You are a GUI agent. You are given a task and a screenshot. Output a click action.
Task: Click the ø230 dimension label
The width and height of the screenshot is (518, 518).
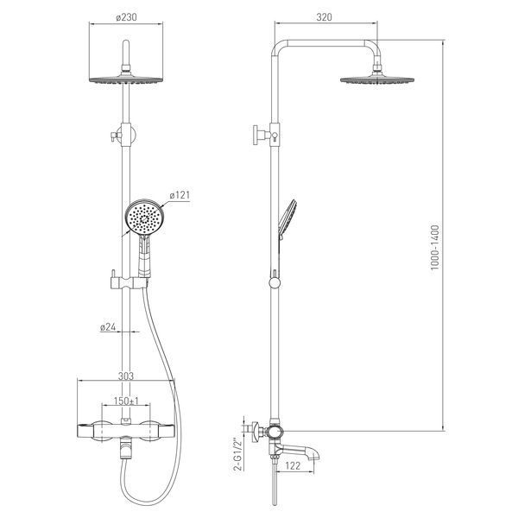(126, 17)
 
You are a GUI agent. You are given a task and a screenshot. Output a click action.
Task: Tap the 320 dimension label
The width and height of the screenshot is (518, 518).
(324, 17)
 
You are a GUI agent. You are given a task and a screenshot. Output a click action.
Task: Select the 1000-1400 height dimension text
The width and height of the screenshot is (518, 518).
(435, 248)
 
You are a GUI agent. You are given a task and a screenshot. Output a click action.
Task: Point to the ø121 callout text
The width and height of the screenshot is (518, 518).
(180, 195)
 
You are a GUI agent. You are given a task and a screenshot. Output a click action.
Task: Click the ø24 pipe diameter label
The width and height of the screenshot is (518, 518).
(108, 327)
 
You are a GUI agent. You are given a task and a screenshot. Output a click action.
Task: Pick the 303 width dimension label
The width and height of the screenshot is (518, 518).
(126, 376)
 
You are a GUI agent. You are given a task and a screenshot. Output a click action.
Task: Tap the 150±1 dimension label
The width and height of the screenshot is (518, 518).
(126, 401)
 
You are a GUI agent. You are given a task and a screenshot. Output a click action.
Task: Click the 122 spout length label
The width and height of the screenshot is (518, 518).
(293, 466)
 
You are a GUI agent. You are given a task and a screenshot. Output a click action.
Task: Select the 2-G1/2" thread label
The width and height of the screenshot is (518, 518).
(237, 454)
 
